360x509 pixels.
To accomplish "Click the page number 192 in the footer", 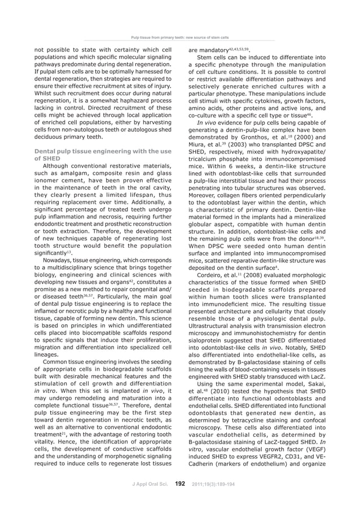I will (x=181, y=484).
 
